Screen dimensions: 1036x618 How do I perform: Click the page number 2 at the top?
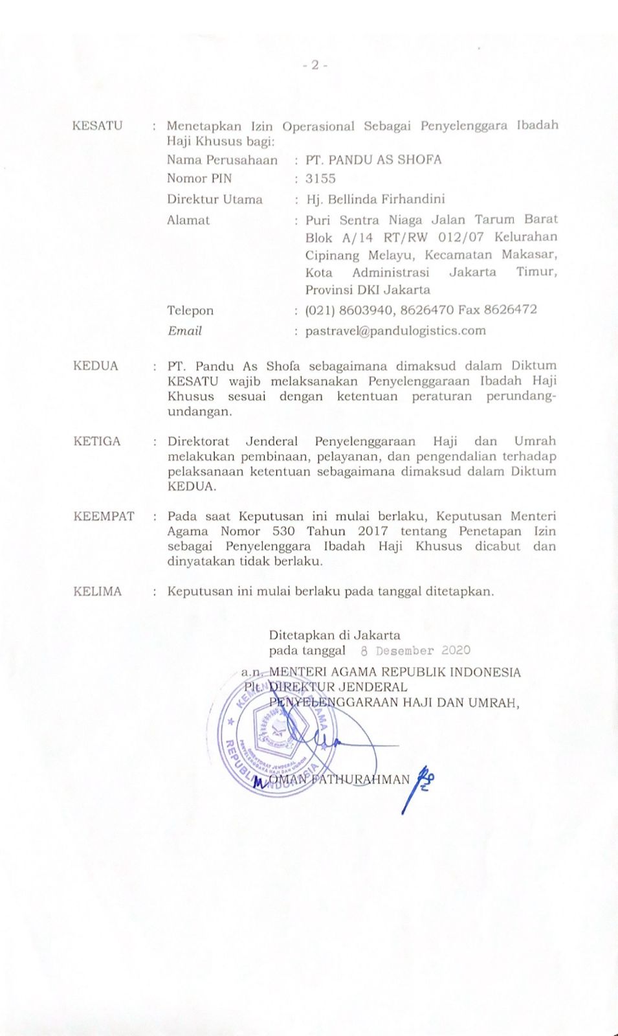pos(315,65)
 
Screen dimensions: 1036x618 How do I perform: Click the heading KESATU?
pos(97,126)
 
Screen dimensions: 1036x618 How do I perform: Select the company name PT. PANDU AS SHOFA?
pos(373,159)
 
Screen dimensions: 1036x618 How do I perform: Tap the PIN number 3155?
pos(320,179)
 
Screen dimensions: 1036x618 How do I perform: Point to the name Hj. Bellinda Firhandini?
pos(375,199)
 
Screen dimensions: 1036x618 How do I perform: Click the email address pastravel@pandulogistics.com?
pos(395,330)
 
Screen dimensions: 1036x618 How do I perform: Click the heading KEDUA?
pos(96,366)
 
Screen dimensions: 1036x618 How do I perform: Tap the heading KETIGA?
pos(97,442)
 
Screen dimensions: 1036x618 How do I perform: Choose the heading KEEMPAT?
pos(104,517)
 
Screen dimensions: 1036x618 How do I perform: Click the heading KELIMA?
pos(97,591)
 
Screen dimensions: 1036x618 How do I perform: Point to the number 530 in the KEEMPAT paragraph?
pos(283,532)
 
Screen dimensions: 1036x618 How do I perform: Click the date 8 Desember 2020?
pos(415,651)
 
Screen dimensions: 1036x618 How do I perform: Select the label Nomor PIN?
pos(199,179)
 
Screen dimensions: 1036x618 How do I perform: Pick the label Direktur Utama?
pos(214,199)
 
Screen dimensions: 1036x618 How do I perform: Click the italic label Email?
pos(184,331)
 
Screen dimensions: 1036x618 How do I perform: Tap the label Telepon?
pos(190,311)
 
